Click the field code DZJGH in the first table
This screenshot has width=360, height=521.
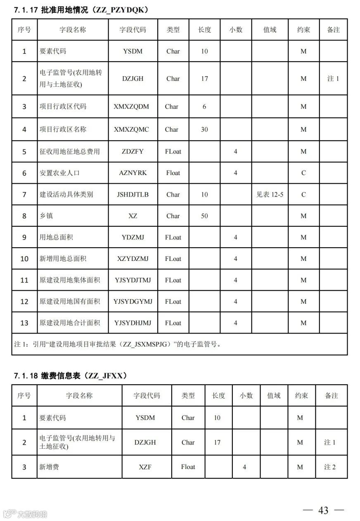point(133,78)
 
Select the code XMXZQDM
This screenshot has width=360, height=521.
point(131,107)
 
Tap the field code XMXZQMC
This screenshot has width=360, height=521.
point(131,129)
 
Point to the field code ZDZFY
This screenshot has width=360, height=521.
point(133,152)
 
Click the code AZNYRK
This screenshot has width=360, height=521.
point(133,173)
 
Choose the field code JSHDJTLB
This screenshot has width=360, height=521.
point(133,194)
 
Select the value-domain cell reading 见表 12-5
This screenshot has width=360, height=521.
point(270,194)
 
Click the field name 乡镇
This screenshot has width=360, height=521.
point(46,216)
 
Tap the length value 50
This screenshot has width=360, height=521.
point(204,216)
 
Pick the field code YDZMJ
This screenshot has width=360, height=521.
point(133,237)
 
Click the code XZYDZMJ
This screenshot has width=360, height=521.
point(133,259)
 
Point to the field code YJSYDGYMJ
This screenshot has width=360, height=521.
point(133,301)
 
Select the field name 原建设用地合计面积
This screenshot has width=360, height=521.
point(70,323)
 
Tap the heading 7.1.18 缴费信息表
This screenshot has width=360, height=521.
point(70,376)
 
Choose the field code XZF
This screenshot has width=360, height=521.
point(145,467)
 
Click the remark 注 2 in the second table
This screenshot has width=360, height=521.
point(330,467)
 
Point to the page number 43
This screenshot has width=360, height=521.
point(323,511)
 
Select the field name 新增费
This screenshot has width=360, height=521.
point(49,467)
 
